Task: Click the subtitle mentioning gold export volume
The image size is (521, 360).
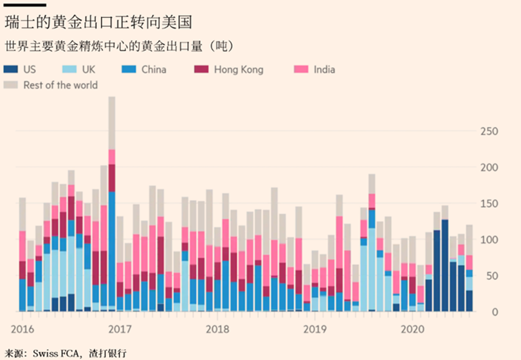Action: coord(119,46)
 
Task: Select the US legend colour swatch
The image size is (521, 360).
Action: coord(10,69)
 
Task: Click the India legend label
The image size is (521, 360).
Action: coord(324,69)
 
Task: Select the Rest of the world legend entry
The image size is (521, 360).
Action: coord(60,85)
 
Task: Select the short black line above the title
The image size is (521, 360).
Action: coord(25,5)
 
